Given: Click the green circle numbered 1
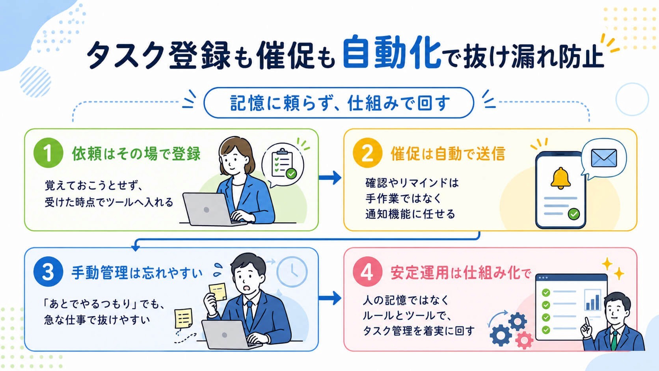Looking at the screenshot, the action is tap(48, 153).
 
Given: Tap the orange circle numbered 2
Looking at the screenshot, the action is tap(367, 153).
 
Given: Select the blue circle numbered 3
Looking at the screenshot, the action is tap(48, 272).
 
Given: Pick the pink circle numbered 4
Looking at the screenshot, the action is tap(367, 272).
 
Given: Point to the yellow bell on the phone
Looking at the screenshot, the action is tap(561, 178).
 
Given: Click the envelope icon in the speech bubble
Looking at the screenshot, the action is tap(604, 158).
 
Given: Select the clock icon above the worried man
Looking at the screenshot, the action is tap(292, 272).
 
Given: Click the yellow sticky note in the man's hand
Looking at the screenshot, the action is tap(218, 292).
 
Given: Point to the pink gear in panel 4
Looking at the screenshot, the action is tap(524, 340).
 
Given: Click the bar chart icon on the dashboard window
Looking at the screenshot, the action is tap(592, 300).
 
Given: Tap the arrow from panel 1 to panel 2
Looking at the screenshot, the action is tap(330, 177).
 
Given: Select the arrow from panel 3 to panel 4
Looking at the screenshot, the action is tap(330, 298).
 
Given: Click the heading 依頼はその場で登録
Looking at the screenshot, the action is tap(136, 154).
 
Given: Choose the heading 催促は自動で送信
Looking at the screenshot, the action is tap(448, 154).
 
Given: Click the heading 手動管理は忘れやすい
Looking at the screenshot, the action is tap(137, 273).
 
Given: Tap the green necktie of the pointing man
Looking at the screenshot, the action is tap(614, 341).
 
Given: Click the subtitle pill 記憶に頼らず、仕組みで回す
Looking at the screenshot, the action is tap(339, 103).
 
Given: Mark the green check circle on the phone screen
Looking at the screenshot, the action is tap(574, 214).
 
